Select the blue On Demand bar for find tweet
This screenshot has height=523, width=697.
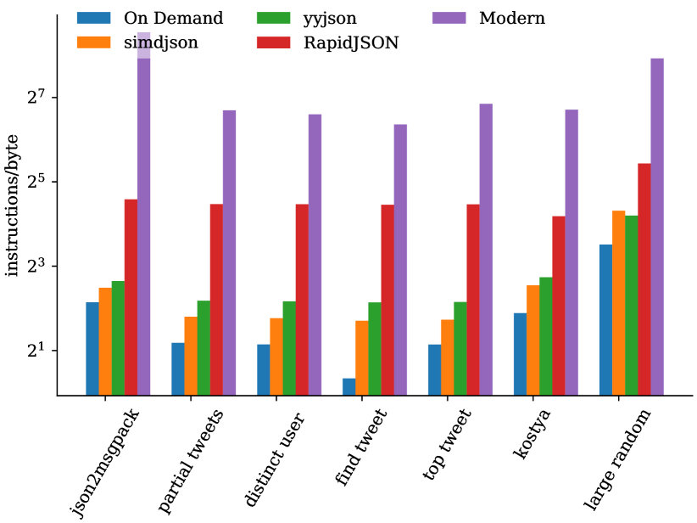[348, 386]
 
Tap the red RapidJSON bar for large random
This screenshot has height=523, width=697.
[644, 279]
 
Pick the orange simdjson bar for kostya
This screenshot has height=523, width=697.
[533, 340]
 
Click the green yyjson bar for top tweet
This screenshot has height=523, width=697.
[460, 348]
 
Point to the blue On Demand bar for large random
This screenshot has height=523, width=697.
[605, 320]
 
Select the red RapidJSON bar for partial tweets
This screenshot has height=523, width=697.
[216, 300]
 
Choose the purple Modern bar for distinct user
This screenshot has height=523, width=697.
[315, 255]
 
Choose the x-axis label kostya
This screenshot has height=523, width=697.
[532, 436]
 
